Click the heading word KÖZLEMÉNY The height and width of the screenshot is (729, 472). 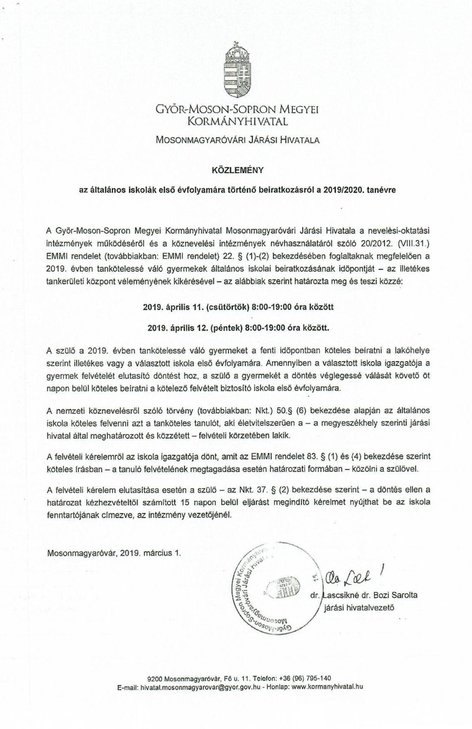238,170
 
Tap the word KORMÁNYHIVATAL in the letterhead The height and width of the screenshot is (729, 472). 238,122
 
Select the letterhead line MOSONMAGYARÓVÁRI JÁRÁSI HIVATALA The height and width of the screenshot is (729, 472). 238,140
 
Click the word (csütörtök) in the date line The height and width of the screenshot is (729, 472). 227,307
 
